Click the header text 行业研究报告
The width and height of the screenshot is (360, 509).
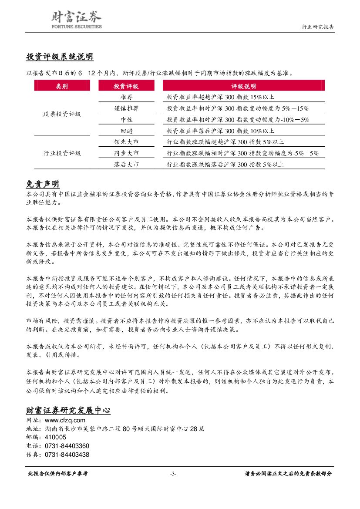pos(318,27)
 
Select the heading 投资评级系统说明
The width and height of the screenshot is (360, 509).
pos(60,57)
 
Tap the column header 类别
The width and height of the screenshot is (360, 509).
pos(62,86)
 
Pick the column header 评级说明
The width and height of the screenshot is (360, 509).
pos(243,86)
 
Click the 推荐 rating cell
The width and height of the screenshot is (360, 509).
pos(126,97)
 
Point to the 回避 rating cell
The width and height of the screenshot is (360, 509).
pos(126,131)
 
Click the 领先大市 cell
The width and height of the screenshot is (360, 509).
pos(126,142)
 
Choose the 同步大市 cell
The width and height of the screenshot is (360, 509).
pos(126,153)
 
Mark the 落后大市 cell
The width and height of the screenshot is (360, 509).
pos(126,165)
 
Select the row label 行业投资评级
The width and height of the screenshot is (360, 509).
pos(62,153)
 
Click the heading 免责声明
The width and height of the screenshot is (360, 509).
pos(43,184)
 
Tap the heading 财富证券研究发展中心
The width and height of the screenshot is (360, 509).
pos(68,410)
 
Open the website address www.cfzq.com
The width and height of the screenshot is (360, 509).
pos(65,420)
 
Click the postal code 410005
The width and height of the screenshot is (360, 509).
pos(56,437)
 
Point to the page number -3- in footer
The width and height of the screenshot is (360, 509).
pos(173,474)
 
